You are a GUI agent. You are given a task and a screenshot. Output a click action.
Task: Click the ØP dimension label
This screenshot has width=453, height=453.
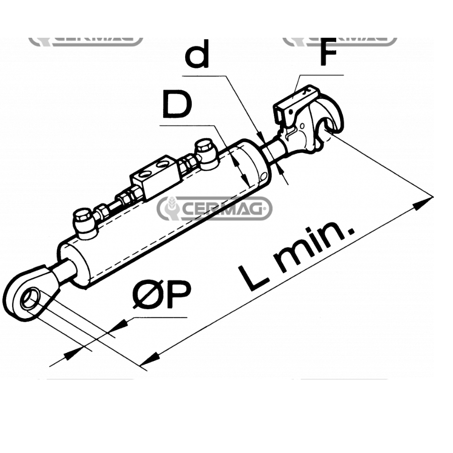click(162, 296)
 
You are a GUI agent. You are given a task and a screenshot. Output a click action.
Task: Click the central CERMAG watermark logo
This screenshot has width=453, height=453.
click(215, 208)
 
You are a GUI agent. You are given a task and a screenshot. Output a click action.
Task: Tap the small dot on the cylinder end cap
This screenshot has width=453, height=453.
click(264, 176)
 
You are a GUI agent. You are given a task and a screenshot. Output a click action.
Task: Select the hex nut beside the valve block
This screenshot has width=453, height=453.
click(190, 162)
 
